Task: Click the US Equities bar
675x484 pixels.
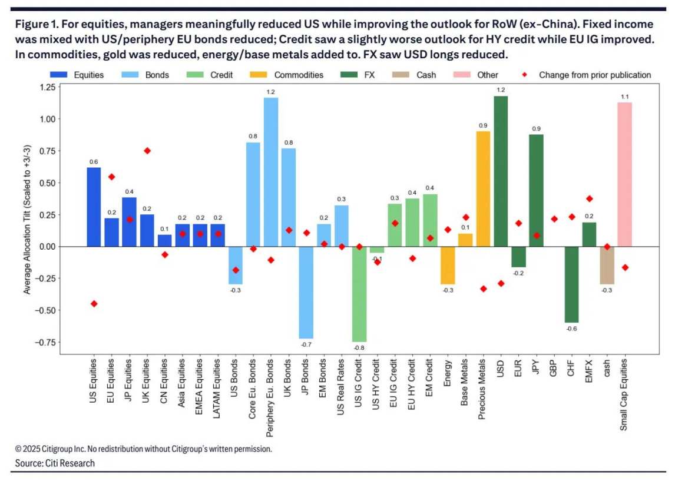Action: click(94, 207)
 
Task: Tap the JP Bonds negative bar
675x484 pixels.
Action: click(306, 292)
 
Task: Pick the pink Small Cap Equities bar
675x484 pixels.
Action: click(624, 174)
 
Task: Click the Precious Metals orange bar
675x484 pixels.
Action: click(483, 188)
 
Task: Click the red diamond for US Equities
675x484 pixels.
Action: click(94, 304)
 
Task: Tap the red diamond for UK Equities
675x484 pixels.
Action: click(147, 151)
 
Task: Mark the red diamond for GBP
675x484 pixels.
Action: click(554, 219)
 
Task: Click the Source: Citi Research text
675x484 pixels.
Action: click(55, 463)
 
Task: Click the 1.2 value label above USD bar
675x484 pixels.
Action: click(501, 89)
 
